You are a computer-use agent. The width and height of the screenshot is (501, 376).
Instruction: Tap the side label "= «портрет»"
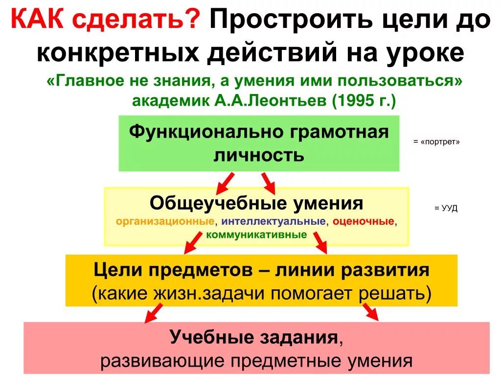tap(436, 142)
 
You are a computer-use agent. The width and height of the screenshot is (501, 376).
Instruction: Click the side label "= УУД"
tap(445, 209)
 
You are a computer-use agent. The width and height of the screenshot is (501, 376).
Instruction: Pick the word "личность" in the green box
tap(259, 155)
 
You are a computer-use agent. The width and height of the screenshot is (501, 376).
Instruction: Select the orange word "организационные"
tap(165, 221)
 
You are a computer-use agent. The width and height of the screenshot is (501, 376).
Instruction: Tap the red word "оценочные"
tap(364, 221)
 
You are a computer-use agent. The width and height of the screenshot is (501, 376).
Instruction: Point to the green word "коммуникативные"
tap(257, 235)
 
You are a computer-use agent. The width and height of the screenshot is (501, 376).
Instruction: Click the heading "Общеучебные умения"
tap(256, 203)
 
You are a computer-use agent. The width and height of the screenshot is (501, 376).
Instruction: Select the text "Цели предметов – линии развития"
tap(261, 270)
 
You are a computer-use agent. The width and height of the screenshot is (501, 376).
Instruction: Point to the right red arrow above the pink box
tap(371, 312)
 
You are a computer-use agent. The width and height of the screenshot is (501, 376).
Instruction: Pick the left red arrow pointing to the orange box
tap(192, 242)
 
